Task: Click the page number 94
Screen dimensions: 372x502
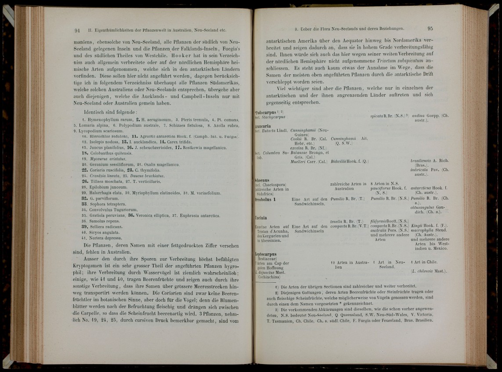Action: pos(77,30)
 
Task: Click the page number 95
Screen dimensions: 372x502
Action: pos(430,29)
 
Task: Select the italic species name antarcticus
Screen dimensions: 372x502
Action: pos(421,188)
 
